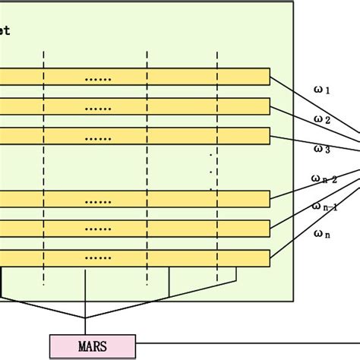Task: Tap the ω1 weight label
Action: click(322, 90)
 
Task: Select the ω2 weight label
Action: click(322, 119)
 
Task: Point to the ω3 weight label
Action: click(322, 149)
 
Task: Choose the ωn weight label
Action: click(322, 235)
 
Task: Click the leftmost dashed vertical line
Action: click(44, 167)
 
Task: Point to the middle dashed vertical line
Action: click(147, 167)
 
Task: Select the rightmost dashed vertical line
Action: click(217, 167)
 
